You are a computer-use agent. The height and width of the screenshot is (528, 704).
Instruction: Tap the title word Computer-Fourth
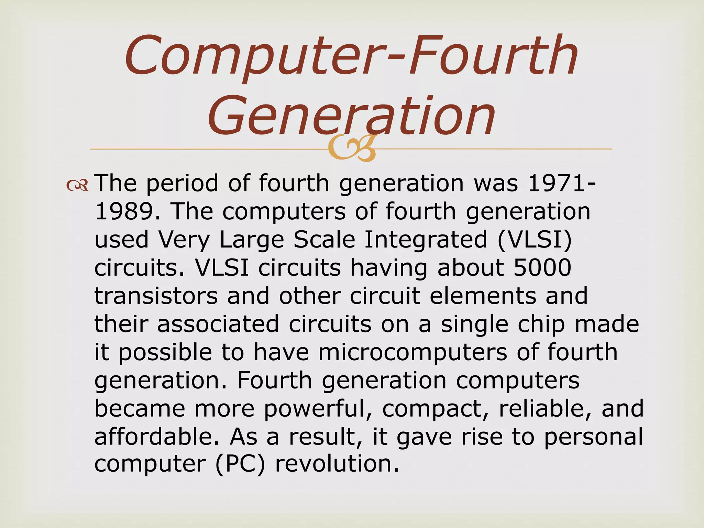click(351, 55)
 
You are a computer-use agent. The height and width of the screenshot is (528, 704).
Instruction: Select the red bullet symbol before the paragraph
click(78, 186)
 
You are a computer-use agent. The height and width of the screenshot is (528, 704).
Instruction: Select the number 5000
click(542, 267)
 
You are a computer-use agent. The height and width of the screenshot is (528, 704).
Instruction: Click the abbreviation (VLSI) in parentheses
click(534, 240)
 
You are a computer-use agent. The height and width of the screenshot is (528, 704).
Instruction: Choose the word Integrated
click(426, 240)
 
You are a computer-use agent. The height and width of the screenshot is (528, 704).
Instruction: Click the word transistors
click(156, 296)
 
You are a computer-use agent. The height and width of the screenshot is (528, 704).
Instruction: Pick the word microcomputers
click(412, 352)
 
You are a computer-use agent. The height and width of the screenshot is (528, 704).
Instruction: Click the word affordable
click(157, 437)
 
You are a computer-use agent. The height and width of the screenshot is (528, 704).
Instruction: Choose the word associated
click(218, 324)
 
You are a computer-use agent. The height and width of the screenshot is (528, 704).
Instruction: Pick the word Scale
click(324, 240)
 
